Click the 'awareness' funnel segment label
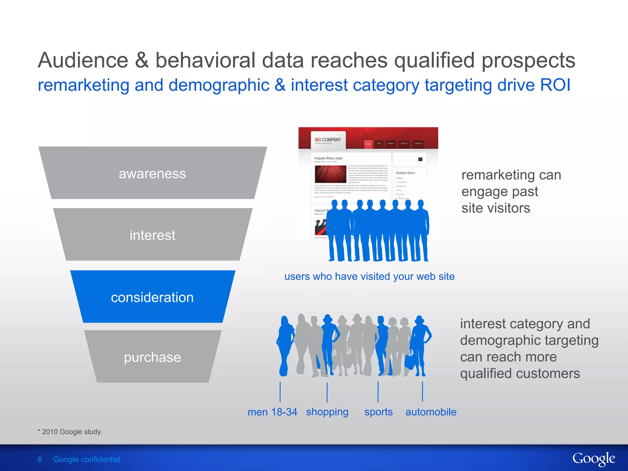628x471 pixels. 152,174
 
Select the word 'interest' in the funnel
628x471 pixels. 152,235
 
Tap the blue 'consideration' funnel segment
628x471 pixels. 152,297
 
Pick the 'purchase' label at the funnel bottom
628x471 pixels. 152,357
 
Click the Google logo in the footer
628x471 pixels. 593,459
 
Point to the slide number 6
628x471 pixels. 40,459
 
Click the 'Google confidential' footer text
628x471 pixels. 87,459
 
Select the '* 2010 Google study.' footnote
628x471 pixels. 70,432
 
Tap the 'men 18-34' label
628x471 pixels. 272,412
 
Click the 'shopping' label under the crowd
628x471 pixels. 327,412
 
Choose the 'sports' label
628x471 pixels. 378,412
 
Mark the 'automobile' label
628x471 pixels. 431,412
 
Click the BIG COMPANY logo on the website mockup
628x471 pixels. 328,140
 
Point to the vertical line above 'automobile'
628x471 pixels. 423,391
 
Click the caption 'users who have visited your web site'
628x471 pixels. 370,276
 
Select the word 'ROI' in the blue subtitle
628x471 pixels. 555,85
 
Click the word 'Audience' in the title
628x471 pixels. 83,60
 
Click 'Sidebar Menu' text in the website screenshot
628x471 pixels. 405,173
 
